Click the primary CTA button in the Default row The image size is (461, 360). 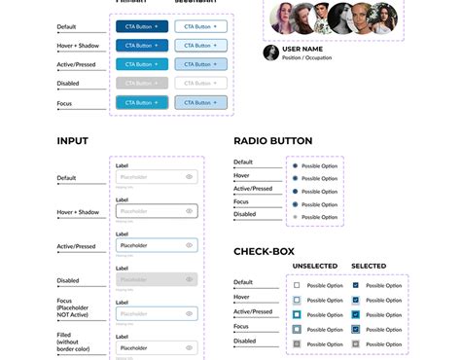tap(142, 26)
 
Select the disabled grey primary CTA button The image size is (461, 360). tap(142, 83)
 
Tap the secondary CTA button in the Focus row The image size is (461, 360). tap(201, 102)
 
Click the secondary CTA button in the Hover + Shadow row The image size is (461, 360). tap(201, 45)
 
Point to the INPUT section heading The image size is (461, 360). tap(72, 141)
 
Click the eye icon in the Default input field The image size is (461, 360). tap(189, 177)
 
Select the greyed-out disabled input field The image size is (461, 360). tap(156, 279)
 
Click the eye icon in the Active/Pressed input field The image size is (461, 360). tap(189, 245)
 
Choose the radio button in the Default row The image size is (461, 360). tap(295, 166)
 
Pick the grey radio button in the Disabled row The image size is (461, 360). tap(295, 216)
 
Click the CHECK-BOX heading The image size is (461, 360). tap(264, 252)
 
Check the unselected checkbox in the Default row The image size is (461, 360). tap(297, 286)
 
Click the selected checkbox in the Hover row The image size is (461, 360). tap(356, 301)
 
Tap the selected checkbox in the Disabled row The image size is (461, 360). tap(356, 344)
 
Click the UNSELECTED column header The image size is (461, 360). tap(315, 267)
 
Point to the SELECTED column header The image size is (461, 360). tap(369, 267)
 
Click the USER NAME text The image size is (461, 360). tap(303, 49)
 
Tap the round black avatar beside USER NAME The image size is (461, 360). tap(270, 53)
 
